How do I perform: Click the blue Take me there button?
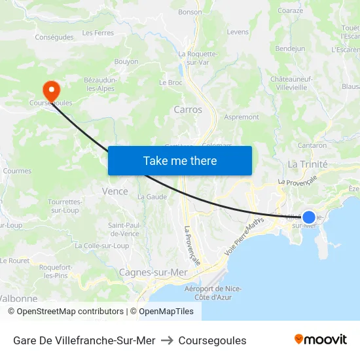click(180, 160)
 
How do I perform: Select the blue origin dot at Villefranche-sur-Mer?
click(308, 217)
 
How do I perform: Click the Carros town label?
click(188, 110)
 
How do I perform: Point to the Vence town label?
click(115, 191)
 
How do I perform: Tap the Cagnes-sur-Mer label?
click(153, 272)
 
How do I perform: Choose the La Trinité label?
click(308, 164)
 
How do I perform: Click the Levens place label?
click(238, 32)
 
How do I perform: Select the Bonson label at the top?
click(190, 12)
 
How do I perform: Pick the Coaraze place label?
click(290, 10)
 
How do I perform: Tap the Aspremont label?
click(242, 117)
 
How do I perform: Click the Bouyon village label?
click(126, 62)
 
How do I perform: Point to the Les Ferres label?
click(98, 33)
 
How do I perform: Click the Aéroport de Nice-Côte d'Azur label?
click(213, 293)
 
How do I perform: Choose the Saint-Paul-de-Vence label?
click(124, 229)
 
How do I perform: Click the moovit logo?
click(320, 339)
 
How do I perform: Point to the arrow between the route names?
click(166, 340)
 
